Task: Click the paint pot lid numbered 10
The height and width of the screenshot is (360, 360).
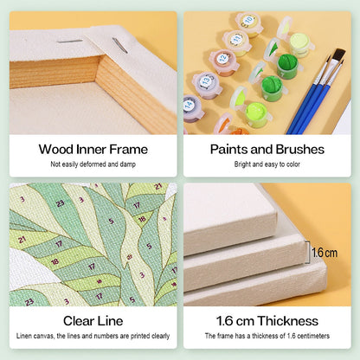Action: coord(249,21)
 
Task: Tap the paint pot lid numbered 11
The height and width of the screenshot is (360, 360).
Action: coord(236,40)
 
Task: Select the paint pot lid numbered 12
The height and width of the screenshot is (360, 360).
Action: coord(223,59)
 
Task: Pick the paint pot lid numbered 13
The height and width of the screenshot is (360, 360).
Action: coord(206,80)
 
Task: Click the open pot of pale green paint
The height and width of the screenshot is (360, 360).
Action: coord(299,44)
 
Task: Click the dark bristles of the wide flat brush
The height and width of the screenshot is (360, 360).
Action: coord(338,55)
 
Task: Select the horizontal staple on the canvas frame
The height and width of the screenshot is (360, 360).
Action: coord(70,42)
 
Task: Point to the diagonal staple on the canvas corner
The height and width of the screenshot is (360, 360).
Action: coord(119,46)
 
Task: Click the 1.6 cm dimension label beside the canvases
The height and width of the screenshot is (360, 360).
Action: coord(325,253)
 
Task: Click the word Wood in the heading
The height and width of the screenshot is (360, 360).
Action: coord(56,150)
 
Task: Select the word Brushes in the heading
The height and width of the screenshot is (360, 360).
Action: coord(299,150)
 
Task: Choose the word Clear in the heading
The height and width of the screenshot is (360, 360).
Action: coord(79,321)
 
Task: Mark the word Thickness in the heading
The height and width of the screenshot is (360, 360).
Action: coord(288,321)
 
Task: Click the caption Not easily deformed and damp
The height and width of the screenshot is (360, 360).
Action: coord(93,164)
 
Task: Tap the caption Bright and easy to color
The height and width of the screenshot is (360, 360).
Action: coord(267,164)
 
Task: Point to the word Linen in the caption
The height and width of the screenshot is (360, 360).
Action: coord(23,336)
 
